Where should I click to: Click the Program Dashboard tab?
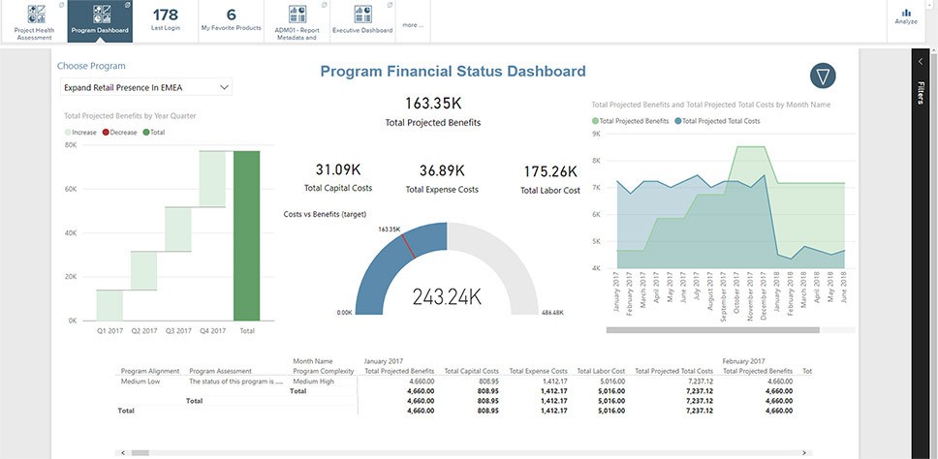tap(101, 20)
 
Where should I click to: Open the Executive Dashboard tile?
tap(362, 20)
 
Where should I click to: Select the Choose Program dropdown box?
tap(144, 87)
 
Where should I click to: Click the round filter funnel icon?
tap(823, 76)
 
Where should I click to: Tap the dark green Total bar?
tap(247, 235)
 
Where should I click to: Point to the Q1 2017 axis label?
tap(109, 331)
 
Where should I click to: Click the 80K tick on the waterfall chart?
tap(71, 145)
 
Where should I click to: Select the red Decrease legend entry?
tap(120, 132)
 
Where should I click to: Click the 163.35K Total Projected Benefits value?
tap(432, 103)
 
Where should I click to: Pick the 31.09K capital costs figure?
tap(337, 170)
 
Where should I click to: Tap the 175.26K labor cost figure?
tap(549, 171)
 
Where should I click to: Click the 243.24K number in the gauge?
tap(447, 297)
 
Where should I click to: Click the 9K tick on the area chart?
tap(597, 135)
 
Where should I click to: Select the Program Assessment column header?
tap(221, 371)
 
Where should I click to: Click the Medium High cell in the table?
tap(313, 381)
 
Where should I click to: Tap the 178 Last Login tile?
tap(166, 20)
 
